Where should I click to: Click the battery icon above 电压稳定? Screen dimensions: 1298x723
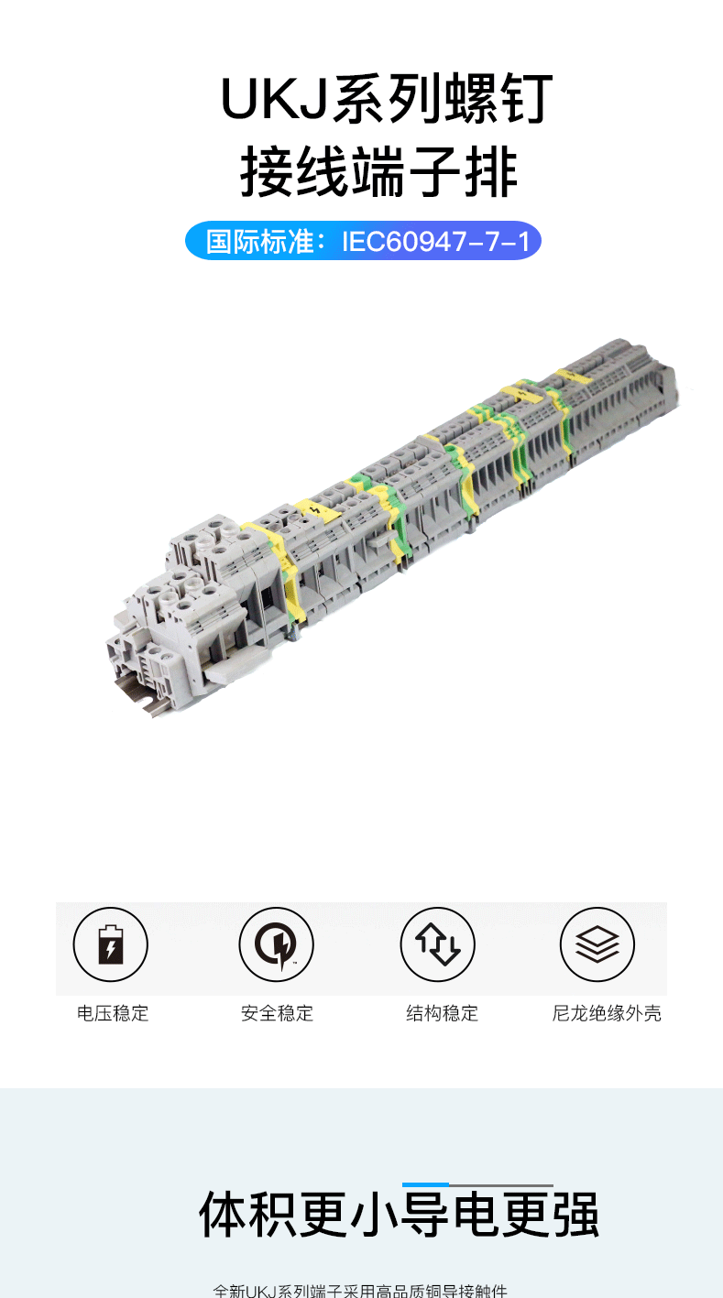[110, 944]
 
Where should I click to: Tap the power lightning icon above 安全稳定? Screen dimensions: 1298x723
[276, 944]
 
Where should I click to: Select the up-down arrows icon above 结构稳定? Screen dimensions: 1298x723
[437, 944]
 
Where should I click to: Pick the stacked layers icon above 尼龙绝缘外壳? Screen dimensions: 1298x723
[597, 944]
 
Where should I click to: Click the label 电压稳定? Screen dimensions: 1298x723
[113, 1013]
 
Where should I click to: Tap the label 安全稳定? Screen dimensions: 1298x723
[277, 1013]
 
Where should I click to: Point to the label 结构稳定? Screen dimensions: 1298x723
[442, 1013]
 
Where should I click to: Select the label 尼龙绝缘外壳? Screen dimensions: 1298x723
[606, 1013]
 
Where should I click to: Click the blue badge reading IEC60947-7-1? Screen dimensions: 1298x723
[363, 242]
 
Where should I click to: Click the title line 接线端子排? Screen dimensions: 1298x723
[378, 174]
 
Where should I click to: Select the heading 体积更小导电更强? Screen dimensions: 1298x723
[399, 1216]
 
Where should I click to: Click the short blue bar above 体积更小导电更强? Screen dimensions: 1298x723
[425, 1185]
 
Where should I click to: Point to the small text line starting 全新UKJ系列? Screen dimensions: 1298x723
[360, 1290]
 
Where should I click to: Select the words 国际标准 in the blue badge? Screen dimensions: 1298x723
[243, 242]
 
